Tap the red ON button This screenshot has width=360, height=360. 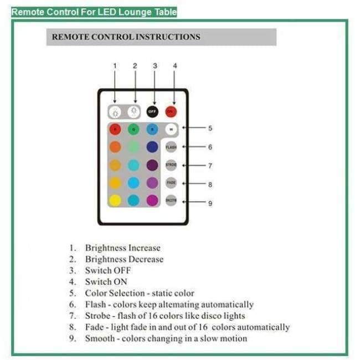(171, 111)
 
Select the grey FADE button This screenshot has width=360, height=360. (171, 182)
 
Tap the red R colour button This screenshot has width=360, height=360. (115, 129)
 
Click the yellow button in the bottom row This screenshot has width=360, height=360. (115, 200)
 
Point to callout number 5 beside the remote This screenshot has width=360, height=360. (210, 128)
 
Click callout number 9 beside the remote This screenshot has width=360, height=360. (210, 203)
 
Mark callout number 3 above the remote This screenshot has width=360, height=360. (155, 66)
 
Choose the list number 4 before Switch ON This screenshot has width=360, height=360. (71, 282)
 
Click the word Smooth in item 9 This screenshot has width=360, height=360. (100, 338)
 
